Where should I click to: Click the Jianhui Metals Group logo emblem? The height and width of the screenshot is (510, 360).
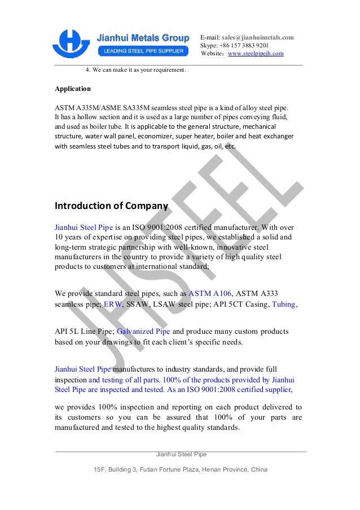pyautogui.click(x=72, y=44)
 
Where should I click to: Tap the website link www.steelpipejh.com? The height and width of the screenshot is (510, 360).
pyautogui.click(x=255, y=54)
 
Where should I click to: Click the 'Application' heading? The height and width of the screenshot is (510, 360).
pyautogui.click(x=72, y=89)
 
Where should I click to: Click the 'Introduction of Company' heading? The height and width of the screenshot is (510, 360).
pyautogui.click(x=111, y=205)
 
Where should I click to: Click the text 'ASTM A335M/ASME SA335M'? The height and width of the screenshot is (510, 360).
pyautogui.click(x=99, y=107)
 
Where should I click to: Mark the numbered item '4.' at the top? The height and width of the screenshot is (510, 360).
pyautogui.click(x=88, y=71)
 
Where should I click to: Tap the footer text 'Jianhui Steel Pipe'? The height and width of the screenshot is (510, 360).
pyautogui.click(x=181, y=454)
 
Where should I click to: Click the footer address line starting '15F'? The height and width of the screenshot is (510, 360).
pyautogui.click(x=181, y=470)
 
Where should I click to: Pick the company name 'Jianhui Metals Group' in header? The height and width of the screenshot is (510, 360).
pyautogui.click(x=143, y=38)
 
